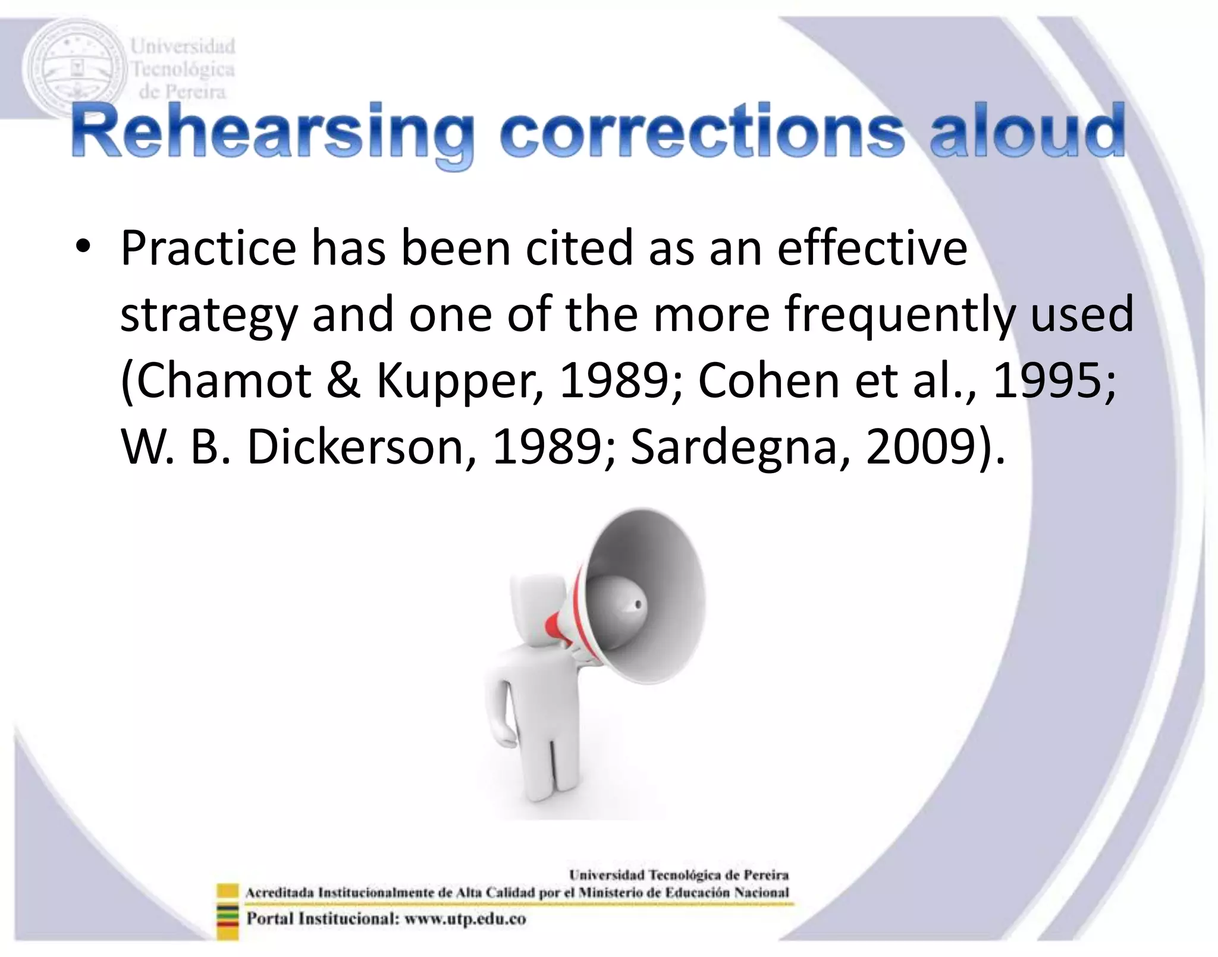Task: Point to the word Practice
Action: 208,248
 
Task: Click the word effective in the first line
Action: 872,248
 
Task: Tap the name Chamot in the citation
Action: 225,381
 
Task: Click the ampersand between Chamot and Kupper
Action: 343,381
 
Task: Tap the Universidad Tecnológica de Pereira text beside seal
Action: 183,69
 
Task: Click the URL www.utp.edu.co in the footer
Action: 465,918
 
